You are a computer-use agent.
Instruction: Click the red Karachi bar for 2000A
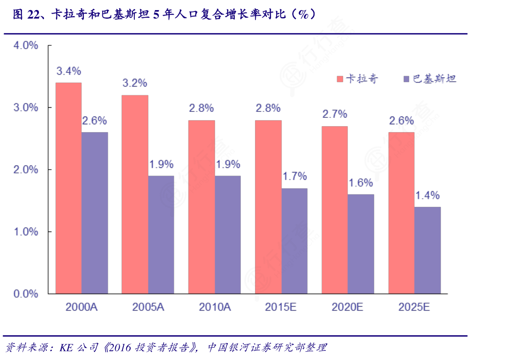pyautogui.click(x=69, y=188)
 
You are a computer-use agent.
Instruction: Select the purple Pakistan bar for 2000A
pyautogui.click(x=95, y=213)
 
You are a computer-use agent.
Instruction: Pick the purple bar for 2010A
pyautogui.click(x=228, y=234)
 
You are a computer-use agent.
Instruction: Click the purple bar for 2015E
pyautogui.click(x=294, y=241)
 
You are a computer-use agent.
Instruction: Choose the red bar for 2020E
pyautogui.click(x=334, y=210)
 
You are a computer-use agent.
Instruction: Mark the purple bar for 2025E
pyautogui.click(x=427, y=250)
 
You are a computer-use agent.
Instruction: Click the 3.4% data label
pyautogui.click(x=69, y=71)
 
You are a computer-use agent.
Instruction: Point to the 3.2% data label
pyautogui.click(x=134, y=83)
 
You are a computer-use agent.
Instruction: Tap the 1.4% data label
pyautogui.click(x=427, y=196)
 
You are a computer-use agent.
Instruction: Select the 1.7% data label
pyautogui.click(x=294, y=177)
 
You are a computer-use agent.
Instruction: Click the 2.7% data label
pyautogui.click(x=334, y=114)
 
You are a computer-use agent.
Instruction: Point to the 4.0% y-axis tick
pyautogui.click(x=26, y=46)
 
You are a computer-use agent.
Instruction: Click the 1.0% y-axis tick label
pyautogui.click(x=26, y=232)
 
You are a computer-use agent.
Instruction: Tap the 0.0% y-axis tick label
pyautogui.click(x=26, y=294)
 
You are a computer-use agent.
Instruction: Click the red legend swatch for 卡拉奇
pyautogui.click(x=340, y=79)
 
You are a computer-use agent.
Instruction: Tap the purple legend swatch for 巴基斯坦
pyautogui.click(x=406, y=79)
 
